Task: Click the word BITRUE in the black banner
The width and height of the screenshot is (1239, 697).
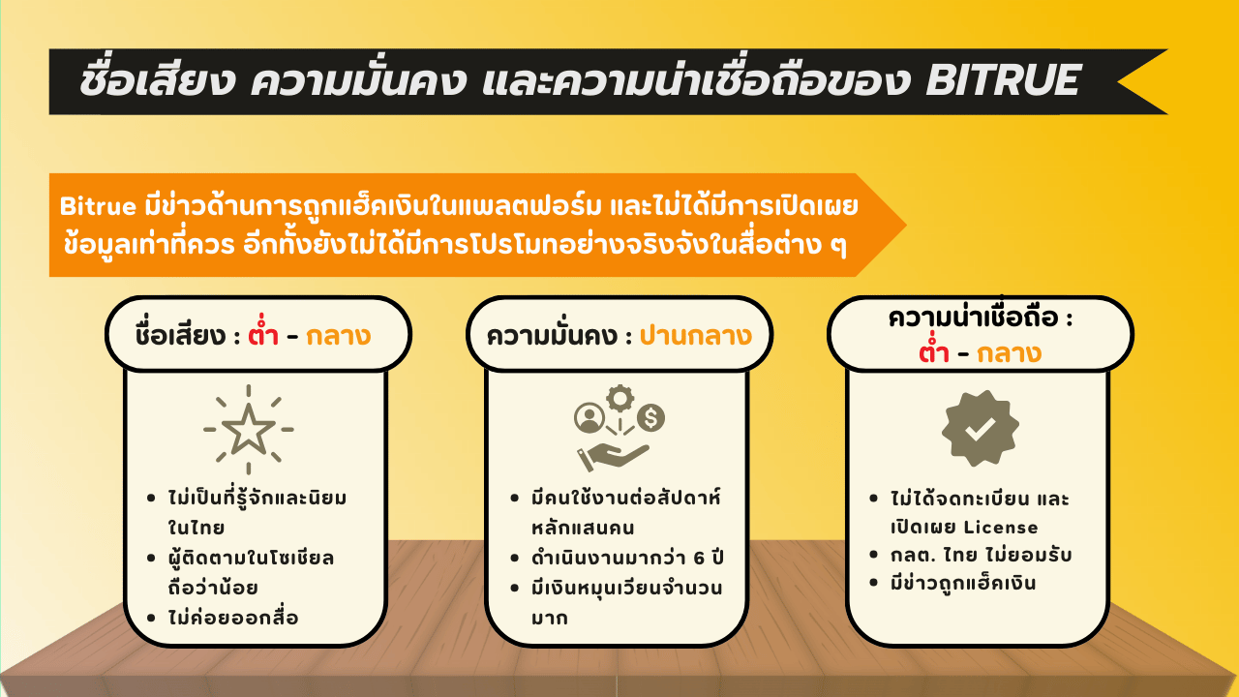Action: pyautogui.click(x=1002, y=80)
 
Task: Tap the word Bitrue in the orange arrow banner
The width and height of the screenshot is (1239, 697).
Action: pyautogui.click(x=98, y=206)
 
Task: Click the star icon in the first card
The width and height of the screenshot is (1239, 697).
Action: pyautogui.click(x=249, y=429)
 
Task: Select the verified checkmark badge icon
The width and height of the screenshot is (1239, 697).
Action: pyautogui.click(x=981, y=428)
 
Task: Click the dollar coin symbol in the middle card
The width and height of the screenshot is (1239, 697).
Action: pyautogui.click(x=650, y=417)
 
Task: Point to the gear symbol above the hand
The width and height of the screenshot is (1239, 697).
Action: pyautogui.click(x=620, y=398)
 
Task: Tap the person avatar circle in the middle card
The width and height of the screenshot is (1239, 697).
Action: pyautogui.click(x=589, y=417)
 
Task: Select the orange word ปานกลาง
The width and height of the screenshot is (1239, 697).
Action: pyautogui.click(x=695, y=336)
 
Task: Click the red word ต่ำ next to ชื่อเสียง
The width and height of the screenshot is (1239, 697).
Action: pyautogui.click(x=262, y=334)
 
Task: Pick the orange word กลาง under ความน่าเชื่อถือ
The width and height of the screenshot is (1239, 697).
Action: pyautogui.click(x=1009, y=354)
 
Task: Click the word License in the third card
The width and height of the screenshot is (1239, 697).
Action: pyautogui.click(x=1001, y=528)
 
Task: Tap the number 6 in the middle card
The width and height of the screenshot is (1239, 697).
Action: pyautogui.click(x=699, y=558)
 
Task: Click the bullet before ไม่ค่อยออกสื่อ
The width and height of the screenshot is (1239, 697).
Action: pyautogui.click(x=151, y=618)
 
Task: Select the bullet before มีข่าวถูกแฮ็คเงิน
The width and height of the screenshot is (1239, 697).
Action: pyautogui.click(x=873, y=583)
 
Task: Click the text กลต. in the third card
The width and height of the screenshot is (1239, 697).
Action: pyautogui.click(x=912, y=555)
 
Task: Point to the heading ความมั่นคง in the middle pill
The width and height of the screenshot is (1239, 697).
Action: pyautogui.click(x=552, y=335)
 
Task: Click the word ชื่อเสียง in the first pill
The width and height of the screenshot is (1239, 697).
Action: pyautogui.click(x=180, y=334)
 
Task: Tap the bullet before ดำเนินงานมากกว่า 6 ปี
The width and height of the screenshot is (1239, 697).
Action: pyautogui.click(x=514, y=558)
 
